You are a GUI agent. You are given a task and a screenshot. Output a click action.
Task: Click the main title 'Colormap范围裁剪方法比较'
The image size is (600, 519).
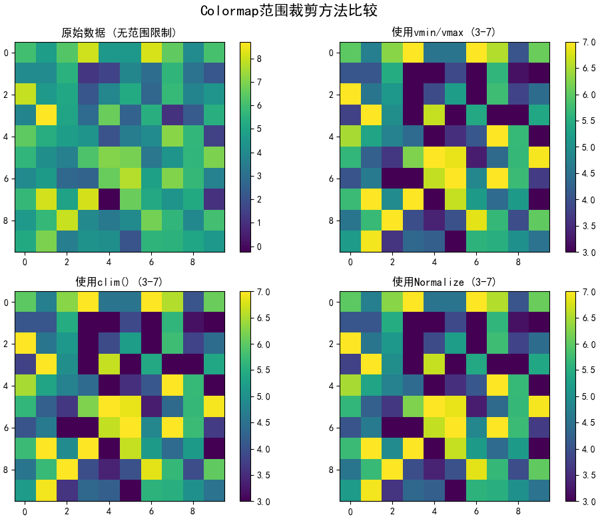(300, 11)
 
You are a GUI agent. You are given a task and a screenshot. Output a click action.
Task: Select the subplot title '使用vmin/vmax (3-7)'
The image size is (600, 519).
(444, 32)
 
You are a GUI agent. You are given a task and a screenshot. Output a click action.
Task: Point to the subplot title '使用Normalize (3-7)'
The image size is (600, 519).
(444, 282)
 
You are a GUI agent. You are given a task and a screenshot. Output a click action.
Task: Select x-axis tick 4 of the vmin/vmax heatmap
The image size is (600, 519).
(434, 262)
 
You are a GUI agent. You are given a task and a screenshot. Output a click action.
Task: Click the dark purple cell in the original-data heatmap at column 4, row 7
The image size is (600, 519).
(109, 199)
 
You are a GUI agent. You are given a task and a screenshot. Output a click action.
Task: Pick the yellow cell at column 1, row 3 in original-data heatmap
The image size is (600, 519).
(46, 116)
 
